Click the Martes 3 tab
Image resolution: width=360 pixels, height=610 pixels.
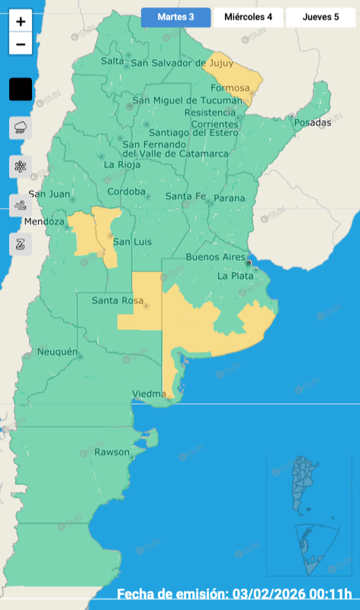[x=176, y=17]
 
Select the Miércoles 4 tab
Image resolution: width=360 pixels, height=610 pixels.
[x=248, y=17]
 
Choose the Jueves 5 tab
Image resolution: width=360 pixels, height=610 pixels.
[x=320, y=17]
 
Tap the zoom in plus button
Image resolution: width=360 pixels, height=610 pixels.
[x=21, y=22]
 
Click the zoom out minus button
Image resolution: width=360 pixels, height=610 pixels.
[x=21, y=44]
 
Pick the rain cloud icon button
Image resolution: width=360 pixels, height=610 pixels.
[x=21, y=127]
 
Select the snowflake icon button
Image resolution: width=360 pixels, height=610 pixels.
[x=21, y=166]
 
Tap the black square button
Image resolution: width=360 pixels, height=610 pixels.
[x=21, y=89]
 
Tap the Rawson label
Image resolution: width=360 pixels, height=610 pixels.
[x=112, y=452]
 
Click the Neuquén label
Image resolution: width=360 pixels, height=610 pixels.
[x=57, y=352]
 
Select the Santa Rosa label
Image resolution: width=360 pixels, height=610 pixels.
[x=117, y=301]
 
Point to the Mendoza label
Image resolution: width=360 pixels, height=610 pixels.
[x=44, y=222]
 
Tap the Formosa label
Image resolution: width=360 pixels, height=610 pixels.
[x=227, y=88]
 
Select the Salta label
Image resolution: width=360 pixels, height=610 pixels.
[x=112, y=61]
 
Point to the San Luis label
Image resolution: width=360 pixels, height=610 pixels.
[x=132, y=242]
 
